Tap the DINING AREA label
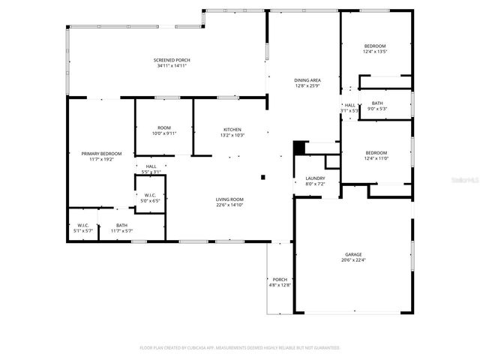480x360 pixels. pos(307,79)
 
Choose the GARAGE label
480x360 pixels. pos(352,254)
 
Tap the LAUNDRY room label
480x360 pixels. pos(315,178)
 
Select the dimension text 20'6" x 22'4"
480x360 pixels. pos(352,260)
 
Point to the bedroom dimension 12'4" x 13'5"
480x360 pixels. pos(375,52)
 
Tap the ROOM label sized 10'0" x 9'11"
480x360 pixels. pos(165,128)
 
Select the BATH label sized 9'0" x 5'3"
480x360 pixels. pos(376,103)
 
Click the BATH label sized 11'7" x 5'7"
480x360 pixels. pos(121,225)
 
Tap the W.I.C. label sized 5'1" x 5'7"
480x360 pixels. pos(83,225)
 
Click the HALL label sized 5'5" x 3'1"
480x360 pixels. pos(151,166)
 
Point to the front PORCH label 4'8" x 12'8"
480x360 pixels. pos(279,279)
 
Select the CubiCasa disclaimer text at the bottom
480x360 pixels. pos(240,348)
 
